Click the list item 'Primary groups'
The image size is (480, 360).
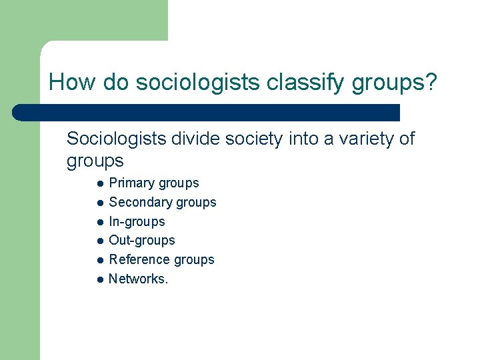pyautogui.click(x=154, y=183)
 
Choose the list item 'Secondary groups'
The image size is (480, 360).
pyautogui.click(x=163, y=202)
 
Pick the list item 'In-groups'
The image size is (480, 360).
pyautogui.click(x=137, y=221)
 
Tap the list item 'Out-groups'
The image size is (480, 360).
pyautogui.click(x=142, y=240)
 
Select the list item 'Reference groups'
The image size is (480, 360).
pyautogui.click(x=161, y=259)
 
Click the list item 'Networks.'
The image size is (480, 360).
pyautogui.click(x=139, y=279)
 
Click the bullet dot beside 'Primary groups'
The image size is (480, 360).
pyautogui.click(x=99, y=183)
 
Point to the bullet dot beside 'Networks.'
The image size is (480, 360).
pyautogui.click(x=99, y=279)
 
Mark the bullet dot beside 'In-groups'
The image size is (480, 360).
pyautogui.click(x=99, y=222)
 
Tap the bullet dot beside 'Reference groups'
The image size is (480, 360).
pyautogui.click(x=99, y=260)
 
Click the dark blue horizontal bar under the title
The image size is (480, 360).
pyautogui.click(x=207, y=113)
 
